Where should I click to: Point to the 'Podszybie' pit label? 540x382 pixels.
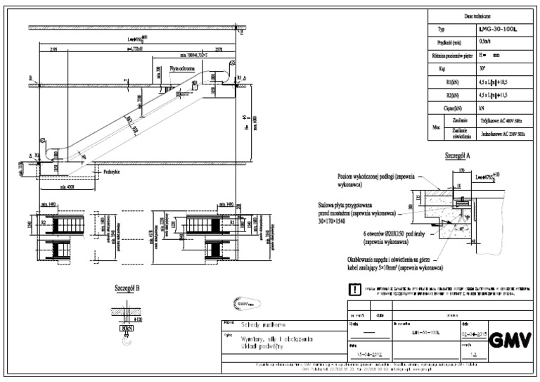coord(110,170)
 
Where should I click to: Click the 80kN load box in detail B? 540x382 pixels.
coord(127,329)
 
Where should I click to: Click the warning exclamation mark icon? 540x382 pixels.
coord(354,289)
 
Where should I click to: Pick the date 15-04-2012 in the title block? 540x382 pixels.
coord(368,356)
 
